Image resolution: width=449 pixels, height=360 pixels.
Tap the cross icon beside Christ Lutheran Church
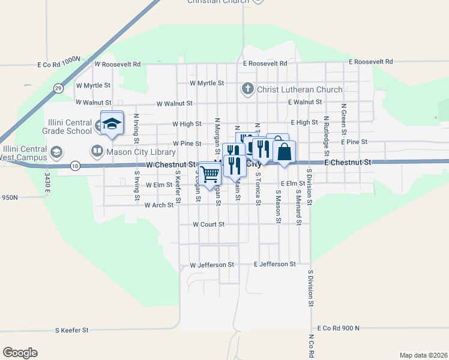coord(247,89)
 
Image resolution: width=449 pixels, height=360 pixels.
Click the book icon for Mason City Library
coord(96,150)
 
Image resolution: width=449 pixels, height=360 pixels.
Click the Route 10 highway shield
coord(74,166)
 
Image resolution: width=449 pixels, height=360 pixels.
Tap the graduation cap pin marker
coord(112,124)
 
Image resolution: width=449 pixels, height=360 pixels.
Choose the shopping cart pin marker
coord(210,175)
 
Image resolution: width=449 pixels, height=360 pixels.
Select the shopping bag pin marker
coord(285,152)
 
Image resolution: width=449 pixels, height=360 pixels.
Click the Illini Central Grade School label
coord(67,127)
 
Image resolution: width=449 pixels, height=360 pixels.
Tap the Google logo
coord(20,352)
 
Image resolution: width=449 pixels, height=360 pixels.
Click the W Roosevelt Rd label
coord(117,63)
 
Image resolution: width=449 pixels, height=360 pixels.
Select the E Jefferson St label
coord(275,264)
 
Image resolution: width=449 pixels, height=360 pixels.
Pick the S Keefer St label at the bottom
coord(71,330)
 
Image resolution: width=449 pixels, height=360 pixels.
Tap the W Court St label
coord(208,224)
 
